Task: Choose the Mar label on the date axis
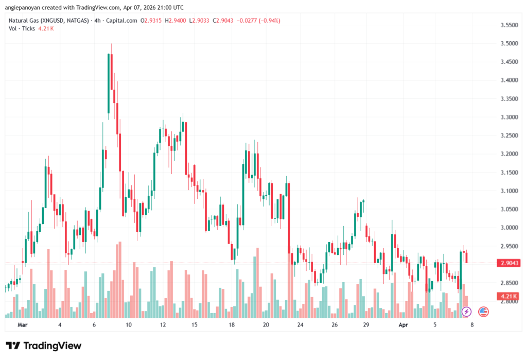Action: point(22,325)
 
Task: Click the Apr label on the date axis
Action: point(403,325)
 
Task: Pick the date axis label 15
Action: point(195,325)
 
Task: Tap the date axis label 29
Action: point(366,325)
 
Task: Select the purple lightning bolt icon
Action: point(466,311)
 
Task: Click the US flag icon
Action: point(483,311)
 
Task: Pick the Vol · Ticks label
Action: point(22,28)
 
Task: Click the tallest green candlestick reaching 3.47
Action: point(109,82)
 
